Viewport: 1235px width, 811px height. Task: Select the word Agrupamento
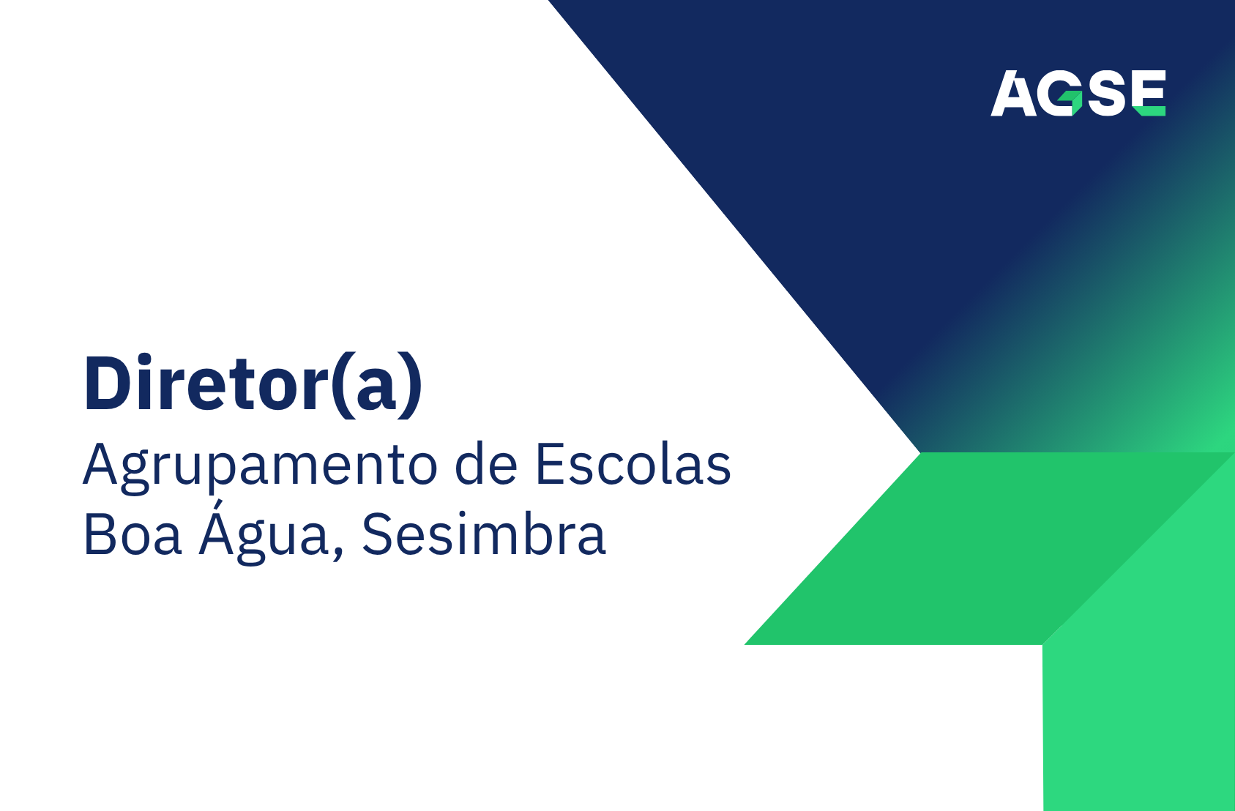260,466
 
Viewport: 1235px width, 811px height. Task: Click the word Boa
132,535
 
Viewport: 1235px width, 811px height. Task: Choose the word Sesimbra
484,535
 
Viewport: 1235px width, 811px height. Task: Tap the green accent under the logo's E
1150,111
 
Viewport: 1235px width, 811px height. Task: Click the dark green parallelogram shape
952,549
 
